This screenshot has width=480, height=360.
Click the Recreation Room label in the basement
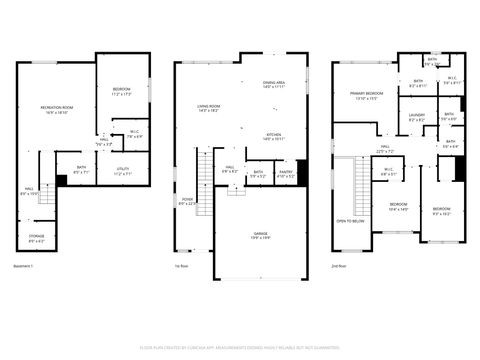pyautogui.click(x=58, y=108)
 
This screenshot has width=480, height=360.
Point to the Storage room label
pyautogui.click(x=35, y=239)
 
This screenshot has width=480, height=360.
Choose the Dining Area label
pyautogui.click(x=274, y=84)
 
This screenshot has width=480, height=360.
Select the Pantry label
pyautogui.click(x=286, y=172)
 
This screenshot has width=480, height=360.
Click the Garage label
pyautogui.click(x=259, y=235)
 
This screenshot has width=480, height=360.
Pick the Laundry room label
pyautogui.click(x=417, y=116)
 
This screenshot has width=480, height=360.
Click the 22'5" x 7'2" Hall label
pyautogui.click(x=385, y=151)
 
